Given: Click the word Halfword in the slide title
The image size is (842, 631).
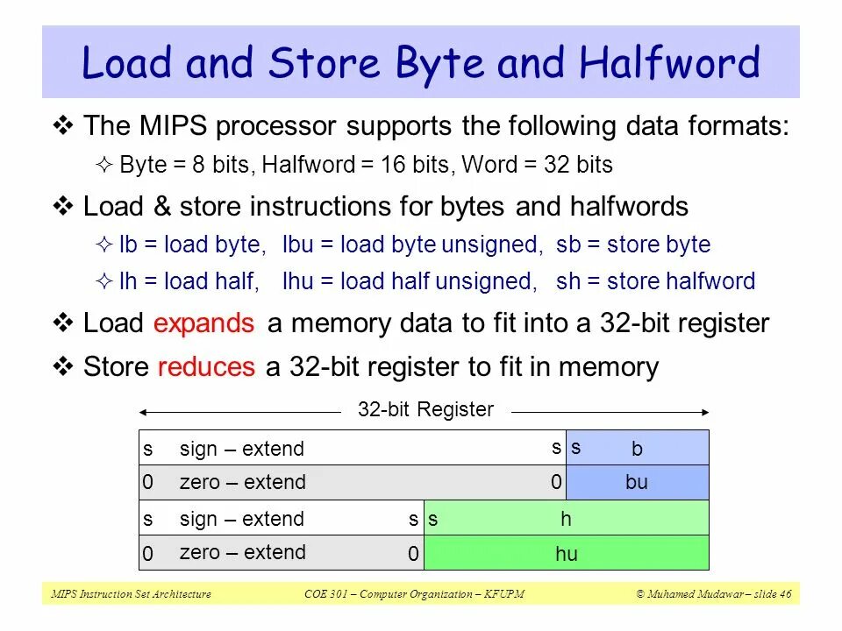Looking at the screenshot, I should [669, 64].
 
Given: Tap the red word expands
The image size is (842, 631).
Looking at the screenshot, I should [203, 323].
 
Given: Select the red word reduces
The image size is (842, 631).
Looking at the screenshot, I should [206, 366].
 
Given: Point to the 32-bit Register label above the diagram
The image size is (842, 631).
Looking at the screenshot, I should [425, 409].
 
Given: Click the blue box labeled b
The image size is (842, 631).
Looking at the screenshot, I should [637, 449].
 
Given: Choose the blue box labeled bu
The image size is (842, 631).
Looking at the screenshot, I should [637, 482].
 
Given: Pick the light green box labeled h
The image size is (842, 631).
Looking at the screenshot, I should [566, 519].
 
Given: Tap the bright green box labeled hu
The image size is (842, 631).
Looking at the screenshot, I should [566, 553].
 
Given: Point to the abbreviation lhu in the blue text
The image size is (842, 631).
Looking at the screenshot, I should [298, 281].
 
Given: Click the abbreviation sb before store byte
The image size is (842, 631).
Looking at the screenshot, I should [567, 245].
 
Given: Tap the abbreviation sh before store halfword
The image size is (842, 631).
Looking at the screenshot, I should [567, 281].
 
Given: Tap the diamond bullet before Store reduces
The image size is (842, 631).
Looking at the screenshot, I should [64, 365].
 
